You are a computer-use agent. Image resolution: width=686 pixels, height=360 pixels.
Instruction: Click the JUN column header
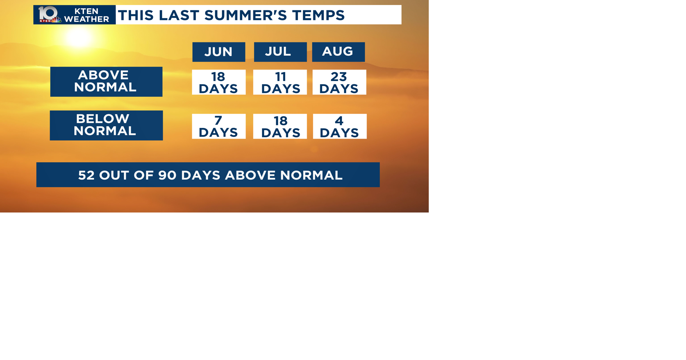pos(219,52)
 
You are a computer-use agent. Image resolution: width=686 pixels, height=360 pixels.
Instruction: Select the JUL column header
pos(280,52)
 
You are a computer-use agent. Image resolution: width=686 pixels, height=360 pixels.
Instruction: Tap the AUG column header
pos(338,52)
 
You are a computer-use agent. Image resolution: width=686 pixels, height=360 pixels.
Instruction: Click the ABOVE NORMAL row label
pos(106,81)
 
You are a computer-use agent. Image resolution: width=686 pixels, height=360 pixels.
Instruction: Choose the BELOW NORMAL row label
pos(106,125)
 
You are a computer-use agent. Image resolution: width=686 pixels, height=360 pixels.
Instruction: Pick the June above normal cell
pos(219,82)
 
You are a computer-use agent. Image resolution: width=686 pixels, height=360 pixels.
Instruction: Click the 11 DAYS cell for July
pos(280,82)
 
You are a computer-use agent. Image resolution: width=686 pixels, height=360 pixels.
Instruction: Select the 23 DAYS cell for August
pos(339,82)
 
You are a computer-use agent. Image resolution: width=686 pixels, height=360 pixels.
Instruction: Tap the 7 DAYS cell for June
pos(219,126)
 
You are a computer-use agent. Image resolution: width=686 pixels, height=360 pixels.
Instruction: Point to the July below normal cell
pos(280,126)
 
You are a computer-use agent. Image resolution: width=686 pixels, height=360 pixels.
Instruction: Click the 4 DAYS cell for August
pos(339,126)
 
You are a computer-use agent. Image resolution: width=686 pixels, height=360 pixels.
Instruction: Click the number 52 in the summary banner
pos(86,175)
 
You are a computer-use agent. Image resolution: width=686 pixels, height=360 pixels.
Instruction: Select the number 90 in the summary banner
pos(166,175)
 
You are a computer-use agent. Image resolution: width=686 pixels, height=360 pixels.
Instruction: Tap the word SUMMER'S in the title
pos(246,15)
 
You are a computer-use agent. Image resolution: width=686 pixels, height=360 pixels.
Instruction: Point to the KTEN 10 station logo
pos(49,15)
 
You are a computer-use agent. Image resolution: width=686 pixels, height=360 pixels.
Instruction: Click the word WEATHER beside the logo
pos(87,19)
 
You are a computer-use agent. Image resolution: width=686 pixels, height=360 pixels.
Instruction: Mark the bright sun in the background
pos(79,37)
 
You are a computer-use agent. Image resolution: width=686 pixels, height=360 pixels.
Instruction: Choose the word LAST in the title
pos(179,15)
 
